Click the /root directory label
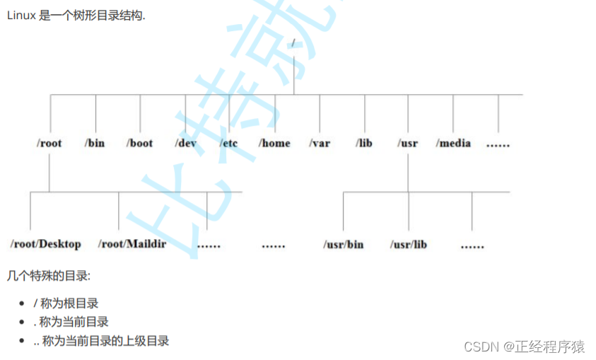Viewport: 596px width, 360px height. [x=49, y=143]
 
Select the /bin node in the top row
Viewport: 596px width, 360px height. [x=95, y=143]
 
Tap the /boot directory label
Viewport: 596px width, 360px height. [x=140, y=143]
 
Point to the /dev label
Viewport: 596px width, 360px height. [x=185, y=143]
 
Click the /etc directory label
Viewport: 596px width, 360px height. [x=229, y=143]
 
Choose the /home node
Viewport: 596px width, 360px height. [x=274, y=143]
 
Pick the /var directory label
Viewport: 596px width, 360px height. [x=320, y=143]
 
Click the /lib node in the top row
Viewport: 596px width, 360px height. [x=364, y=143]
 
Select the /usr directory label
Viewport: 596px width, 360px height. [x=408, y=143]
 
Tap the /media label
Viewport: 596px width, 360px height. [x=453, y=143]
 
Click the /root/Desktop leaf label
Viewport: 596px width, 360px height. [x=46, y=244]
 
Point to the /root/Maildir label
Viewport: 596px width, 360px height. [x=132, y=244]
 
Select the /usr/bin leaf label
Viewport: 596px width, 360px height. [x=344, y=245]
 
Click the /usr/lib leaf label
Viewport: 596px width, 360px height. [x=409, y=245]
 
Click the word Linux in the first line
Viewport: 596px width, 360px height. [x=21, y=16]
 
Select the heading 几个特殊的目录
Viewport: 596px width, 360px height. [x=49, y=274]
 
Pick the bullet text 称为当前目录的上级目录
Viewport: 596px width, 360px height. [x=105, y=341]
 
